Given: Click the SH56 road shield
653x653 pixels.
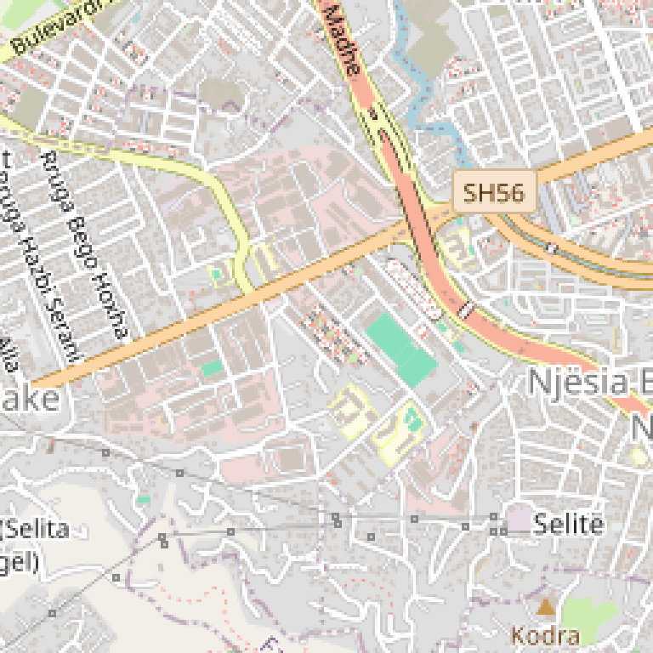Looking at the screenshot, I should (x=494, y=192).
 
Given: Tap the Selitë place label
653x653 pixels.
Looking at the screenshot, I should (x=569, y=524).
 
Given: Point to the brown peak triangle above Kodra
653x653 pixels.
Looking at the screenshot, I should (x=545, y=606).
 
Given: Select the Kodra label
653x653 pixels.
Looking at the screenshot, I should (x=545, y=634).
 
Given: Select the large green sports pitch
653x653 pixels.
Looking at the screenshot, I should (x=401, y=349).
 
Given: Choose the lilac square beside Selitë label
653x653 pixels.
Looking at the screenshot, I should (x=517, y=517).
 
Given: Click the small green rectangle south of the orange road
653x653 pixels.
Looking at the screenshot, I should (x=213, y=368).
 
